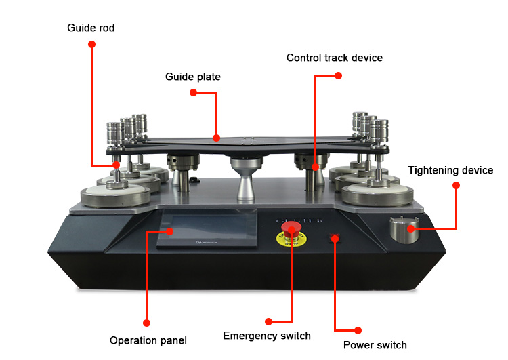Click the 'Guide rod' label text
90,28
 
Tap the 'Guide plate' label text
192,77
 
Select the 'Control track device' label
334,58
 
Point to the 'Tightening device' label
450,170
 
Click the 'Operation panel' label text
148,340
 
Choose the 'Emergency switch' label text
267,336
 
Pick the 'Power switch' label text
375,345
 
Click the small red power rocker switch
334,238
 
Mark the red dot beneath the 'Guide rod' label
91,45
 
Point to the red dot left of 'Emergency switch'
269,321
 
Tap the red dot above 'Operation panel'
146,323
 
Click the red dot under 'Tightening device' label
456,185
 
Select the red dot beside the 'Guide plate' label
193,92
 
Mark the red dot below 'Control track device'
339,75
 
